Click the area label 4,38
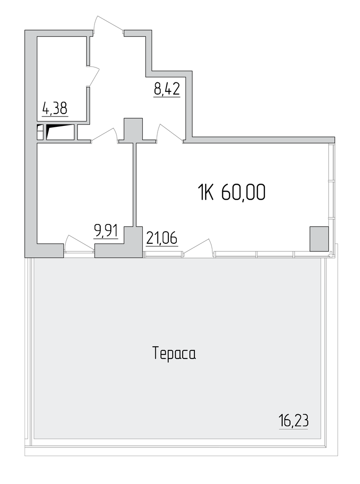pyautogui.click(x=55, y=109)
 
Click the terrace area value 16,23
pyautogui.click(x=293, y=421)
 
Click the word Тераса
pyautogui.click(x=174, y=353)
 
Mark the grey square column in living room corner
pyautogui.click(x=319, y=238)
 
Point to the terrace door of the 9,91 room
pyautogui.click(x=79, y=244)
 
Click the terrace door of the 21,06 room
pyautogui.click(x=198, y=246)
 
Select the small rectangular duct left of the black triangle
pyautogui.click(x=40, y=132)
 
